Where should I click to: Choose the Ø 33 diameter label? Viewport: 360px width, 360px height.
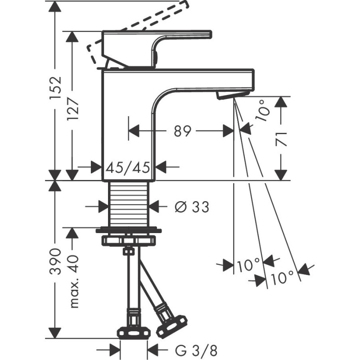tap(191, 207)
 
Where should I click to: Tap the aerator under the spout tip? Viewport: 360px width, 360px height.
tap(232, 94)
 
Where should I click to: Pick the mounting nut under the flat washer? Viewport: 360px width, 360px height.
tap(129, 239)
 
